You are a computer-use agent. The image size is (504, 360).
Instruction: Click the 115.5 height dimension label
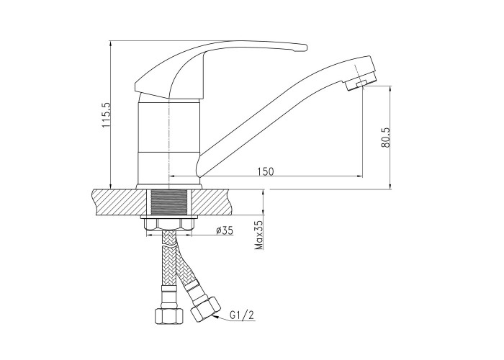[x=107, y=115]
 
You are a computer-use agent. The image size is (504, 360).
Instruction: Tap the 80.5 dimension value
[x=386, y=138]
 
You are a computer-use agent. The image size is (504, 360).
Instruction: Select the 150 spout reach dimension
[x=266, y=171]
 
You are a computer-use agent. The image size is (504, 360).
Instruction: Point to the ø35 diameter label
[x=225, y=230]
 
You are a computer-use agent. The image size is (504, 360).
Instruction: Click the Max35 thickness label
[x=258, y=235]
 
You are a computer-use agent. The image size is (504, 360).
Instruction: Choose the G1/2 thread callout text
[x=242, y=315]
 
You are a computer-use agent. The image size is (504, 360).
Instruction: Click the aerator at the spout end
[x=360, y=82]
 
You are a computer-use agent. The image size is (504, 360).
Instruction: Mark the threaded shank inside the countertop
[x=168, y=202]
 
